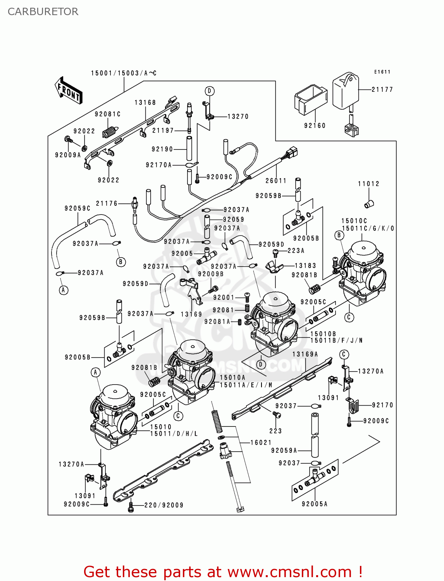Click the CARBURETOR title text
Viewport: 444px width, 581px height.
click(43, 12)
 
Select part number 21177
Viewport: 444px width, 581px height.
click(382, 89)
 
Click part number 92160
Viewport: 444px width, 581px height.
click(315, 125)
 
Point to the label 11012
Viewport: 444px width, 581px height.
click(368, 184)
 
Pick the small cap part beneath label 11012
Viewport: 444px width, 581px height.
click(369, 203)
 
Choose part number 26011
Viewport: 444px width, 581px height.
click(276, 180)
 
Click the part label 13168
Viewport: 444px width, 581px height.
click(145, 102)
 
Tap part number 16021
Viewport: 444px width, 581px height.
click(261, 442)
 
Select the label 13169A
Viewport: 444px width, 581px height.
click(305, 354)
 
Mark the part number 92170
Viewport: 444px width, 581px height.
click(382, 405)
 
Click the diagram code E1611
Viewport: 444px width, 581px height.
click(382, 72)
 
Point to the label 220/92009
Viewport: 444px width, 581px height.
click(164, 505)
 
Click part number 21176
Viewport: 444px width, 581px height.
click(107, 203)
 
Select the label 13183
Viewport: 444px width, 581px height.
click(305, 266)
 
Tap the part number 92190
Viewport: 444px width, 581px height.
click(162, 149)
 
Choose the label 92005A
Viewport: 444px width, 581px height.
click(315, 504)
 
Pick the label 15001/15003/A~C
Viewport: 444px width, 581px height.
click(124, 73)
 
